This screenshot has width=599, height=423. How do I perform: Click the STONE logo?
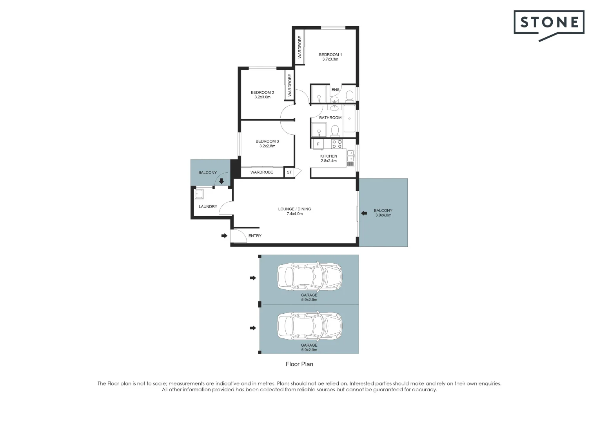[x=549, y=25]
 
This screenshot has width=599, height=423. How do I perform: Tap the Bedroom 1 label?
[x=330, y=54]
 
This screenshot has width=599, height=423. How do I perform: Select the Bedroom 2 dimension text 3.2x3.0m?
[x=262, y=97]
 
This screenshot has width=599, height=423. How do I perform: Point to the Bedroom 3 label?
[x=267, y=141]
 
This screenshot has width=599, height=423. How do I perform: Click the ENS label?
[x=335, y=90]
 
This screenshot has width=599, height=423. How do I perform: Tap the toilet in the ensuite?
[x=350, y=96]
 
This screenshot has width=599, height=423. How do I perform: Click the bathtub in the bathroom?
[x=350, y=118]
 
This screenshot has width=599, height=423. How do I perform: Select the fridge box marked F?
[x=318, y=144]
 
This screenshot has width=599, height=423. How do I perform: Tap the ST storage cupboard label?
[x=289, y=172]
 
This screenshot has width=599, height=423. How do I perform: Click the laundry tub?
[x=199, y=194]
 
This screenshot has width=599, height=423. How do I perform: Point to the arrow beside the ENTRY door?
[x=224, y=236]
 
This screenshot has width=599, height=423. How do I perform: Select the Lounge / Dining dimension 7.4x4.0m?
[x=295, y=214]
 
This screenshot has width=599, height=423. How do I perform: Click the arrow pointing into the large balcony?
[x=364, y=213]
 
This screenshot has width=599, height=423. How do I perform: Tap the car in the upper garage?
[x=310, y=276]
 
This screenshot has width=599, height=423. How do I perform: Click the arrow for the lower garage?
[x=253, y=328]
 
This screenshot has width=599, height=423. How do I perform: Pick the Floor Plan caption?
[x=299, y=364]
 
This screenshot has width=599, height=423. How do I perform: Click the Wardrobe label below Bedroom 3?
[x=262, y=172]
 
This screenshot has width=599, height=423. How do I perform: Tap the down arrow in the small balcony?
[x=221, y=181]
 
